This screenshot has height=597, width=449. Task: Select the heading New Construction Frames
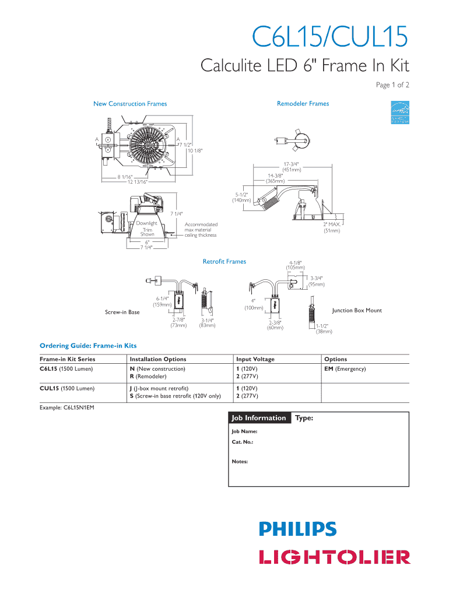[130, 104]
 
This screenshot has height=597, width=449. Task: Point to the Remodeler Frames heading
[303, 104]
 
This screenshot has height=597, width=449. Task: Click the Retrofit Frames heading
[224, 261]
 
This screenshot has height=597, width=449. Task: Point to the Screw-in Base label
[122, 312]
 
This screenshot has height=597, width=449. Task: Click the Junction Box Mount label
[357, 310]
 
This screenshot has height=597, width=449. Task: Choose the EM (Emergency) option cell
[345, 369]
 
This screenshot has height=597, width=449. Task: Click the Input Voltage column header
[255, 359]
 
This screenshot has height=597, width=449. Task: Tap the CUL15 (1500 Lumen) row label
[67, 388]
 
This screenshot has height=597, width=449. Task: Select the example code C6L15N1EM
[66, 407]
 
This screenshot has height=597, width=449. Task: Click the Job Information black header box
[259, 418]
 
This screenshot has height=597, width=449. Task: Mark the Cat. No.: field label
[242, 443]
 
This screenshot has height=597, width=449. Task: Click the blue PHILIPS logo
[298, 529]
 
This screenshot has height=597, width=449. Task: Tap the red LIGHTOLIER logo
[334, 557]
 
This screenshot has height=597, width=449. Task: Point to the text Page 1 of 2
[392, 85]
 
